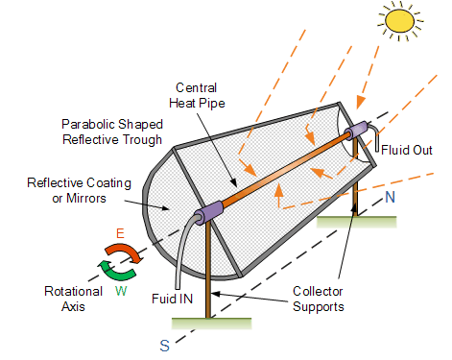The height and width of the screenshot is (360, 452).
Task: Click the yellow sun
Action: (399, 21)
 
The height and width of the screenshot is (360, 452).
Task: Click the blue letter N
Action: (391, 197)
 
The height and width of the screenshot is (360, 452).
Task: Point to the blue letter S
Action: (164, 346)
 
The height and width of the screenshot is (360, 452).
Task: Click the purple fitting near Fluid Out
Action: (356, 131)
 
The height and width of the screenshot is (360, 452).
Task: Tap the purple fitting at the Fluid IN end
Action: (208, 213)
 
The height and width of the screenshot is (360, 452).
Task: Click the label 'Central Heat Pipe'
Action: (197, 95)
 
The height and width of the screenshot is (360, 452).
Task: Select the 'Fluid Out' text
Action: (407, 150)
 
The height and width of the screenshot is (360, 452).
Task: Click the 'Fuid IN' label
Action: (172, 299)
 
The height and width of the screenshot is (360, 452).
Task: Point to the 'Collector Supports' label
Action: (319, 299)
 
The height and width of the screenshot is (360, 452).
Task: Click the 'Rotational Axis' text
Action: (73, 299)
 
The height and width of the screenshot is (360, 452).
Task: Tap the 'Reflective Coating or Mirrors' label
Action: (79, 190)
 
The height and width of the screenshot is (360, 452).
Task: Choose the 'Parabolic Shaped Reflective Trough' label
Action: (112, 132)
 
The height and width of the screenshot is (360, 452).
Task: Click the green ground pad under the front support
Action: (211, 324)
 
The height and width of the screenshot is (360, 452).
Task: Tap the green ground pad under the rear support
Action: (356, 222)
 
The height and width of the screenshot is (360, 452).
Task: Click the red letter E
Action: (120, 233)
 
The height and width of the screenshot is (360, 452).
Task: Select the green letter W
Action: (121, 291)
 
